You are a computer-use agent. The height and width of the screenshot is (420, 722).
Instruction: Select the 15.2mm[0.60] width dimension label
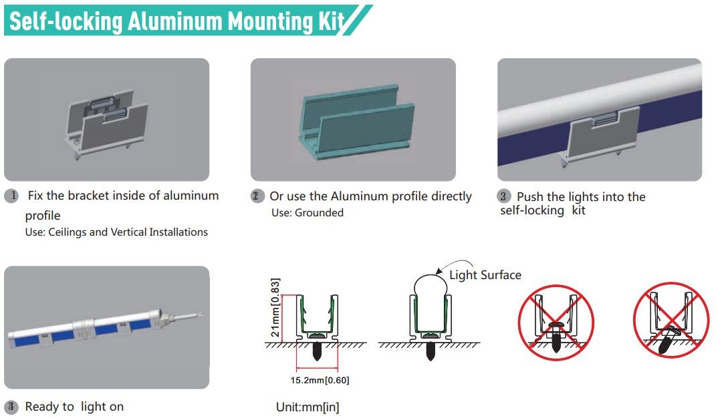point(318,380)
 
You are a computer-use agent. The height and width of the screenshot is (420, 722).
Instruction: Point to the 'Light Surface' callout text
point(485,274)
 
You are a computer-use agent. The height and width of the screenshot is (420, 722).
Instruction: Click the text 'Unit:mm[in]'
point(308,407)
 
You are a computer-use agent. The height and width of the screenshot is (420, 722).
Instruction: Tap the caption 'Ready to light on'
point(74,406)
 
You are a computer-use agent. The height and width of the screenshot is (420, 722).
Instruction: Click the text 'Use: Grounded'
point(308,213)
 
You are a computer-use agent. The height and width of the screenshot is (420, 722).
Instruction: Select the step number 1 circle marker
point(11,196)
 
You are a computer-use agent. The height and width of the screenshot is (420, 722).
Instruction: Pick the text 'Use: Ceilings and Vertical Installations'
point(116,232)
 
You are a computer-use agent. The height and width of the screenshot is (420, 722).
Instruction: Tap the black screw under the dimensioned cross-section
point(318,351)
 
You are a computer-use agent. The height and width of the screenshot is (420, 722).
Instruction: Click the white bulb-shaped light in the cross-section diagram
point(429,291)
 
